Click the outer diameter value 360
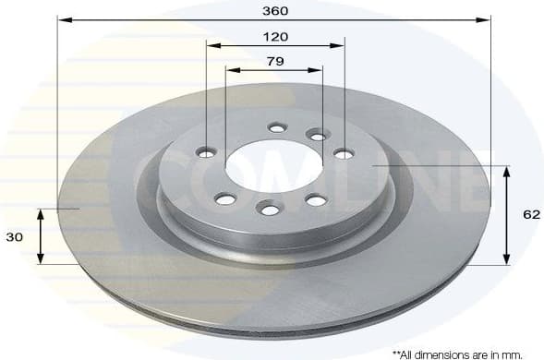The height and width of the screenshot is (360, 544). (275, 11)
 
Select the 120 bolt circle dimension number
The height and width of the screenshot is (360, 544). (275, 36)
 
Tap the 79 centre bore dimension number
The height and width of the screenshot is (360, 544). (274, 61)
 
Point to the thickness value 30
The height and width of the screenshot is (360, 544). (15, 236)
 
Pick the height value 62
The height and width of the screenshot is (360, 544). (531, 214)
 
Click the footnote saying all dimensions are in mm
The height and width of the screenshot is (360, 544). (457, 353)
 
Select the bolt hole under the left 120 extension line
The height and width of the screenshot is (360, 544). (206, 152)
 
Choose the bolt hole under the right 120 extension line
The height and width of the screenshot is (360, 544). (343, 153)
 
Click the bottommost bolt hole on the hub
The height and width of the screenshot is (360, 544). (270, 210)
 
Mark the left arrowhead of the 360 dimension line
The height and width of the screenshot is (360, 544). (62, 19)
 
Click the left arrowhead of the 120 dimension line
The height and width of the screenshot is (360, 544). (212, 44)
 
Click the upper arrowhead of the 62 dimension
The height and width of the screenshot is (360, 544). (506, 171)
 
